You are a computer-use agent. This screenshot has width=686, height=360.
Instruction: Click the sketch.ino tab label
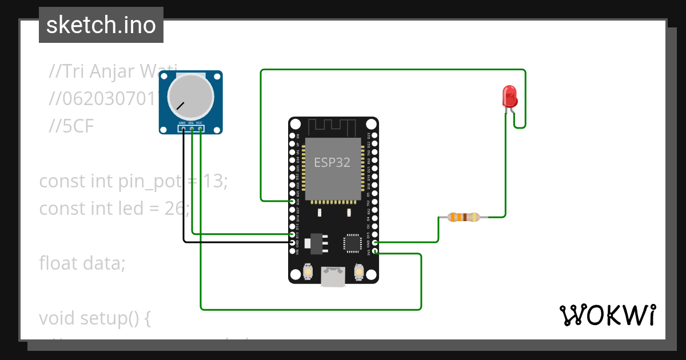(x=101, y=25)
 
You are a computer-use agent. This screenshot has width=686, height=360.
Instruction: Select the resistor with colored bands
(x=463, y=217)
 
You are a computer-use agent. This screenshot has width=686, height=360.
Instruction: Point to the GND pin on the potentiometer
(x=183, y=129)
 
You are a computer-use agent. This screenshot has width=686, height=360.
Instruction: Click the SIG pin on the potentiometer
(x=192, y=129)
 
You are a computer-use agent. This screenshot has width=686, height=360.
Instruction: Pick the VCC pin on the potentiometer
(x=200, y=129)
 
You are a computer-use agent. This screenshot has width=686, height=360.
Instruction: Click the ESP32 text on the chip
(x=332, y=162)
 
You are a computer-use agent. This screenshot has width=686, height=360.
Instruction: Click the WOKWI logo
(x=607, y=315)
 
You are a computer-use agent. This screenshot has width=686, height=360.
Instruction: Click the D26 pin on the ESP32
(x=293, y=201)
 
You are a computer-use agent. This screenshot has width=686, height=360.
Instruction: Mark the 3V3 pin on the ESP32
(x=375, y=251)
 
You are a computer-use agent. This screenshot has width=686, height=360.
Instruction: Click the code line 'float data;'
(x=82, y=263)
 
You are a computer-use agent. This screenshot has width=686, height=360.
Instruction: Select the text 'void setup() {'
(x=94, y=318)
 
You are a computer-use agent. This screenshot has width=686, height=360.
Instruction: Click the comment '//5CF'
(x=71, y=127)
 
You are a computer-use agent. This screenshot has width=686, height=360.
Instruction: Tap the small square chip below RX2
(x=352, y=243)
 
